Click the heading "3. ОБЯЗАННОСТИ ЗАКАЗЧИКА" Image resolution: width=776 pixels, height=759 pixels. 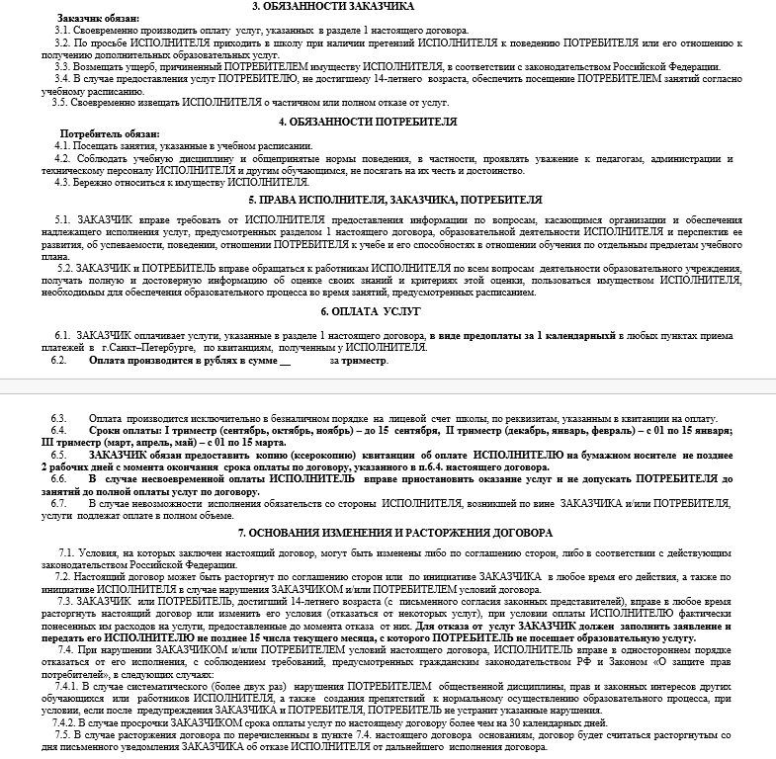coord(388,6)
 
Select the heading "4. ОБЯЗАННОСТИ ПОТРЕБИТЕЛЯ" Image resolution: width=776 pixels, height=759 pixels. coord(388,122)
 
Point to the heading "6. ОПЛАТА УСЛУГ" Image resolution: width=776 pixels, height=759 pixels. coord(388,311)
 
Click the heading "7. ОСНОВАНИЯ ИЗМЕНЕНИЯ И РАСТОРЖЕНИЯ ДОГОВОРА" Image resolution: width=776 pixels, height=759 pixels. coord(387,533)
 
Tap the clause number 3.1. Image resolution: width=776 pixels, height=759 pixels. coord(61,31)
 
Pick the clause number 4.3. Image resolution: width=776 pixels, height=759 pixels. coord(61,181)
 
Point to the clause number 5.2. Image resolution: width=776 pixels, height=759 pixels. coord(64,268)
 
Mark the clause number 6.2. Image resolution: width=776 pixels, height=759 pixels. coord(58,361)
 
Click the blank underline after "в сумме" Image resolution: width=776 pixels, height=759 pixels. coord(287,362)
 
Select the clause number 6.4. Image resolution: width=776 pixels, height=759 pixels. coord(58,432)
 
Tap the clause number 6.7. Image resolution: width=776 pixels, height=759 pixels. coord(58,503)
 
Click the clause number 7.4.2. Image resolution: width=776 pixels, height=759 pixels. coord(68,722)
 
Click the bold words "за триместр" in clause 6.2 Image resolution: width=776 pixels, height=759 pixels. coord(358,361)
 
